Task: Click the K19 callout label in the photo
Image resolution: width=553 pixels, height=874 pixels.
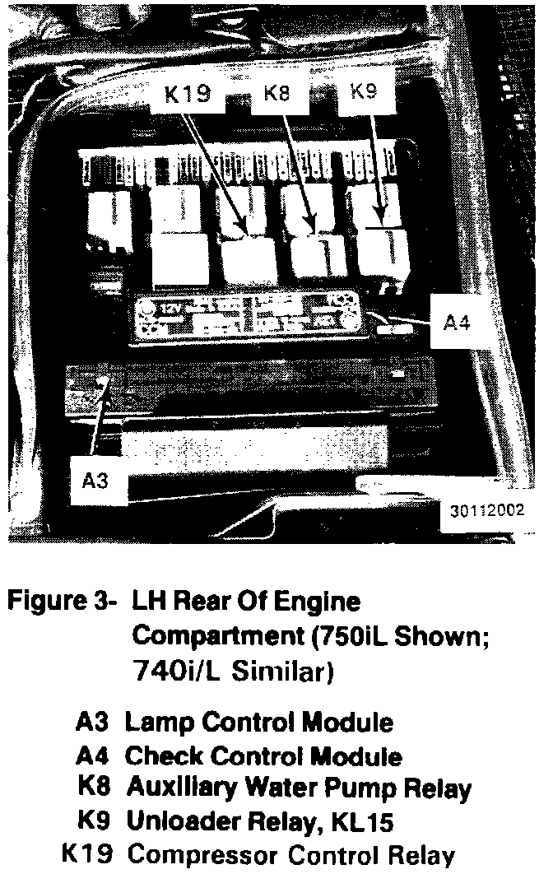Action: pyautogui.click(x=188, y=95)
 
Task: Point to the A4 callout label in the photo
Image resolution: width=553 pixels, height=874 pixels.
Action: pyautogui.click(x=458, y=323)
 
